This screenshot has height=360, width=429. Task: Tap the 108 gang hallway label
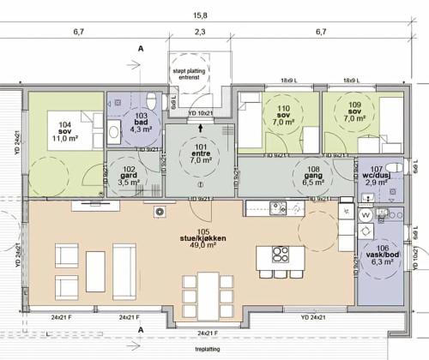coord(311,176)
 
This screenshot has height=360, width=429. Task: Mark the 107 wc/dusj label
coord(375,176)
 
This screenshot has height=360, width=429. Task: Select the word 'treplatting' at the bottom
coord(206,350)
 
